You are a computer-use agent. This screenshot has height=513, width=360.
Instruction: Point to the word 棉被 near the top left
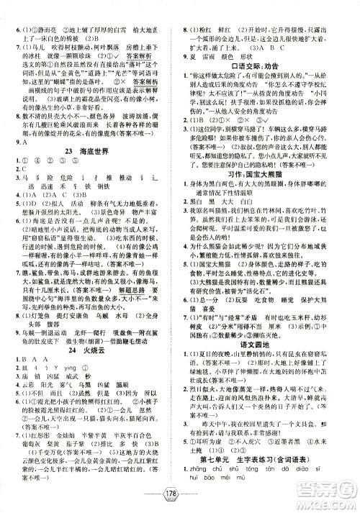tap(75, 17)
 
